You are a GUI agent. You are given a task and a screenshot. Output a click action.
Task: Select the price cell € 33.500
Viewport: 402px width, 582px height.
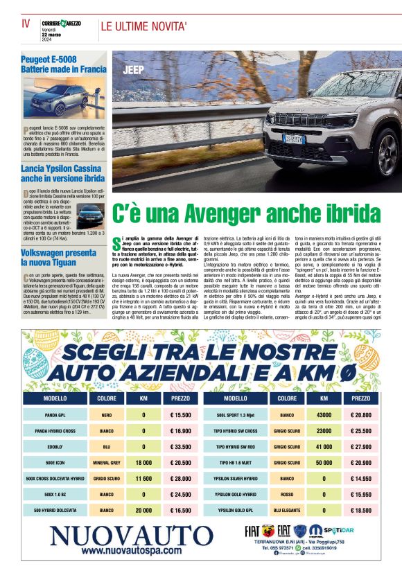click(x=180, y=447)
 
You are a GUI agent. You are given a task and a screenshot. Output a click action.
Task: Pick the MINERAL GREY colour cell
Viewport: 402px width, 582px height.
click(x=106, y=462)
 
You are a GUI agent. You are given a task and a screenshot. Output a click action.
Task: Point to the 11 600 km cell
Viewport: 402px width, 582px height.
click(x=143, y=478)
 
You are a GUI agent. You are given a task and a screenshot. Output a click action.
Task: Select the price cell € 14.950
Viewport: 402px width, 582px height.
click(x=361, y=478)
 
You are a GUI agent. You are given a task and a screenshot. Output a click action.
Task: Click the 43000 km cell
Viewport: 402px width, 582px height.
click(x=324, y=415)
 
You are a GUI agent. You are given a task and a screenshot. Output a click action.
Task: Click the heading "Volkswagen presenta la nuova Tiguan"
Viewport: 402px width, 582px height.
click(x=59, y=258)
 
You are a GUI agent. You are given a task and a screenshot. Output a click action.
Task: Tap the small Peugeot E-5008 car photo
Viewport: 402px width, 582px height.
click(x=64, y=100)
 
